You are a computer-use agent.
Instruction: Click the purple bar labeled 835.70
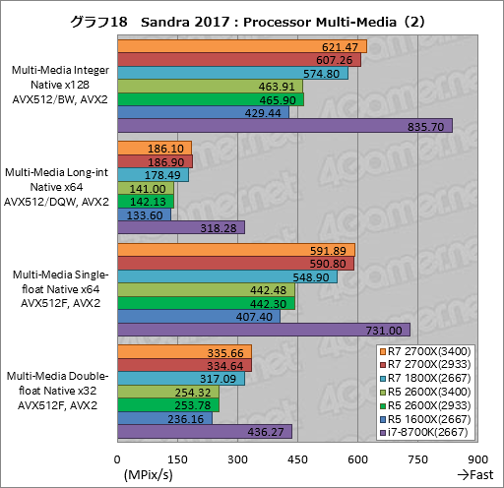(284, 125)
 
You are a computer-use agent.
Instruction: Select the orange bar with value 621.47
(241, 46)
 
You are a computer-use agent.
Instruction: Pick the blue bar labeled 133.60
(144, 214)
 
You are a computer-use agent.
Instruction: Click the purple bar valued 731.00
(264, 330)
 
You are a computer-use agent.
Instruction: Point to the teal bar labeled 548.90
(226, 277)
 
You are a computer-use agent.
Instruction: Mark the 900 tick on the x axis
(477, 459)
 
